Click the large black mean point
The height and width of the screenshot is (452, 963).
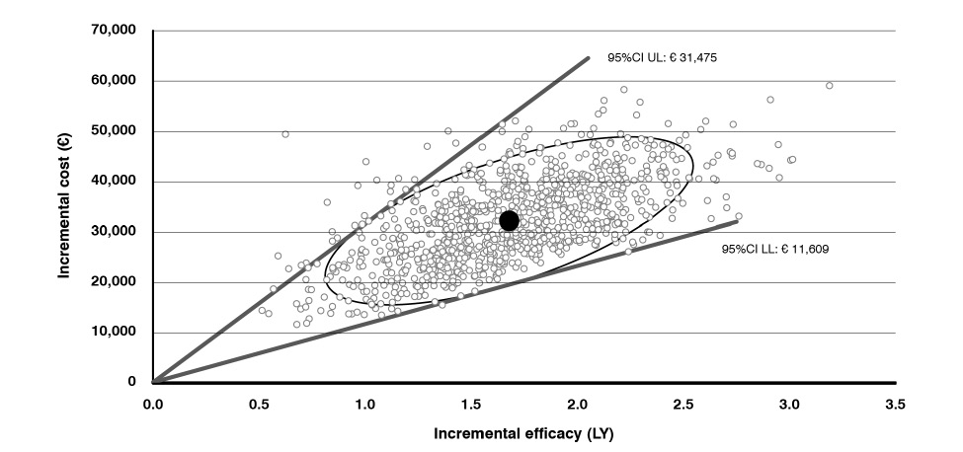[x=509, y=220]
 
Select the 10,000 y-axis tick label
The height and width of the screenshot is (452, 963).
[x=115, y=333]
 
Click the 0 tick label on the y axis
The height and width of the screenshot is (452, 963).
[x=131, y=382]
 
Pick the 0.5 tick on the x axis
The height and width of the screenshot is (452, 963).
[x=260, y=405]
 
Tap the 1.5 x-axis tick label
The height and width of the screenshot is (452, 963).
[x=472, y=405]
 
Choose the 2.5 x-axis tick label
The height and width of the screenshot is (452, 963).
[x=683, y=405]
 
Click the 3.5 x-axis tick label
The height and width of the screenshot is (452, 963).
[x=895, y=405]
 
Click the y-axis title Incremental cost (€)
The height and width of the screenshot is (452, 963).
[x=66, y=206]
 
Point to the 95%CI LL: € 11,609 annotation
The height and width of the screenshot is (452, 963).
[x=775, y=250]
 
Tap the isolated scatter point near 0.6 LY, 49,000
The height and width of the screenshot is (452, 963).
[x=285, y=134]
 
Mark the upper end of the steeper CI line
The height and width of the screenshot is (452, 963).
[x=588, y=57]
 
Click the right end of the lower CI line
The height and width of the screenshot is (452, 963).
[x=737, y=220]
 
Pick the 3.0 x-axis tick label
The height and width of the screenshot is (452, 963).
[x=789, y=405]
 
